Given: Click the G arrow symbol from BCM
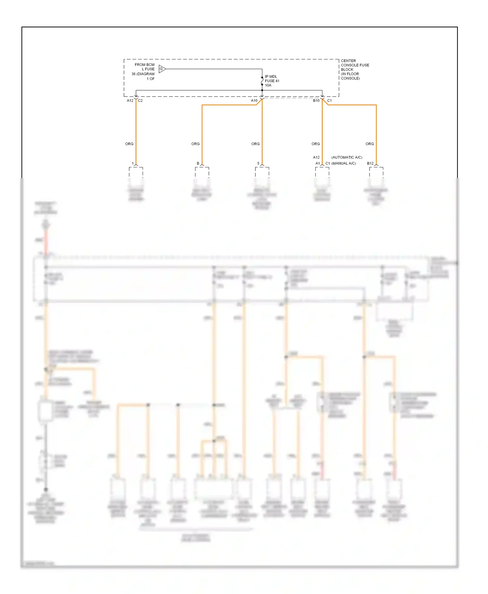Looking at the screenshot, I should click(x=162, y=69).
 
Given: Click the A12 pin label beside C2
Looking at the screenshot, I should click(x=130, y=101).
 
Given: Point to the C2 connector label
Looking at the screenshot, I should click(x=140, y=101).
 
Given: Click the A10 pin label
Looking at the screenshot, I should click(x=254, y=101).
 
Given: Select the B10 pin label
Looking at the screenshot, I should click(x=316, y=101).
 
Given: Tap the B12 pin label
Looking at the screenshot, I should click(x=370, y=163).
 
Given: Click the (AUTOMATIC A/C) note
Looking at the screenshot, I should click(x=347, y=157).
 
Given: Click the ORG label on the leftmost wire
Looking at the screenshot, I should click(x=129, y=144).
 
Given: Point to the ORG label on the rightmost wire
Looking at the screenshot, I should click(x=370, y=144).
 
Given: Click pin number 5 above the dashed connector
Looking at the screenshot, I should click(x=258, y=163).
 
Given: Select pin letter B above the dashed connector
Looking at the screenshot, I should click(x=198, y=163).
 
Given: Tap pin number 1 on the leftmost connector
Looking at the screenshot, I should click(x=133, y=163).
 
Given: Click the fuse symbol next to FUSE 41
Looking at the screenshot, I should click(x=262, y=81).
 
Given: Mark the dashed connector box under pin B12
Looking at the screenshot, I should click(x=376, y=172).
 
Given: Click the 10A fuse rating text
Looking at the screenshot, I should click(x=268, y=85).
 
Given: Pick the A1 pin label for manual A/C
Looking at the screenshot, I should click(x=318, y=163).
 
